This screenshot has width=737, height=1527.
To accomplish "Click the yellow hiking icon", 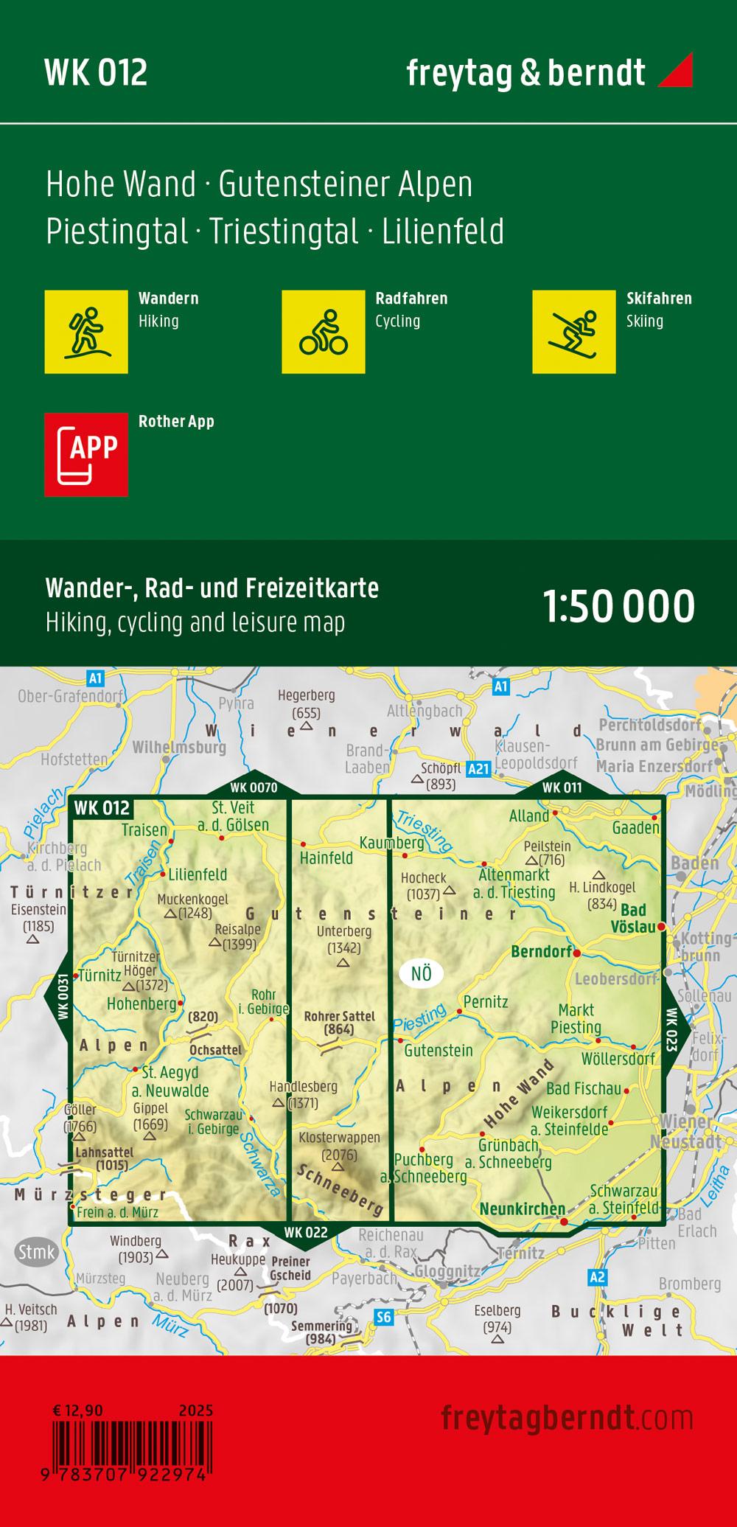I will [86, 332].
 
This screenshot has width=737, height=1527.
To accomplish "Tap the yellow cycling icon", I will [324, 332].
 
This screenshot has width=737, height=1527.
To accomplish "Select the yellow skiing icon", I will [573, 332].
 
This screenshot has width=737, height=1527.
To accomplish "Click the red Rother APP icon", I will [86, 454].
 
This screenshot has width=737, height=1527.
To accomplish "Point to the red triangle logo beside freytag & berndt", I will [674, 71].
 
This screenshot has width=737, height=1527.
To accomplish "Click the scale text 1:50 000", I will [618, 607].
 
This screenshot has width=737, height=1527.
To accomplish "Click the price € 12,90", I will [78, 1411].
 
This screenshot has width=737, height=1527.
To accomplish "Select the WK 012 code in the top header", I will [96, 72].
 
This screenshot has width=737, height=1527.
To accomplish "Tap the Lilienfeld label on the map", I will [198, 874].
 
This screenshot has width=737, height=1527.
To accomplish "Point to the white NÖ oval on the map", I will [421, 973].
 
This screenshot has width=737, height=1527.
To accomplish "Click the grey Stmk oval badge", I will [36, 1251].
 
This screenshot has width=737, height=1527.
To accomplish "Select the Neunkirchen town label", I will [523, 1208].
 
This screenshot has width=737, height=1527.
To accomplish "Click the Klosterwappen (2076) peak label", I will [339, 1146].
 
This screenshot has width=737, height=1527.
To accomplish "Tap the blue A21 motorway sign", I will [478, 769].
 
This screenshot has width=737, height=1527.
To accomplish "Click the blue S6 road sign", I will [383, 1318].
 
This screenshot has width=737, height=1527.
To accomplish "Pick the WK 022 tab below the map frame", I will [305, 1232].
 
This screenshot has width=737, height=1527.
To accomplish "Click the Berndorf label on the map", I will [541, 951].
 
